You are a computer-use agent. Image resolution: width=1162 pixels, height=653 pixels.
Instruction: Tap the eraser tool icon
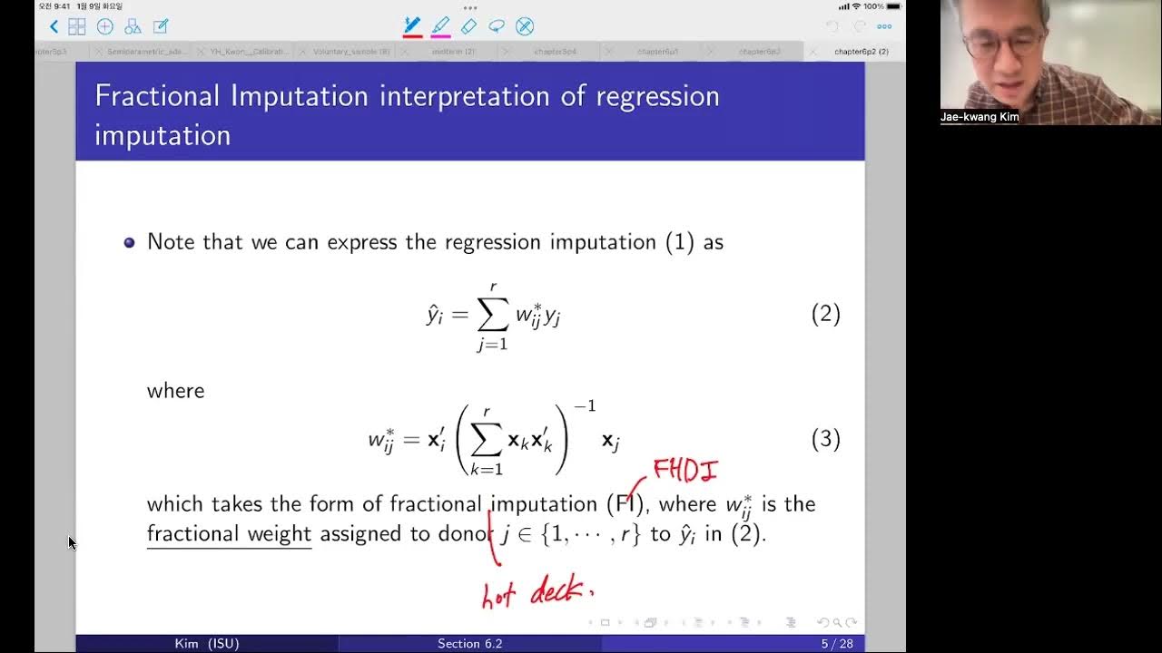tap(468, 26)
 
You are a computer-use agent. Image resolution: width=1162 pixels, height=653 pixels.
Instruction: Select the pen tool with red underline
tap(412, 26)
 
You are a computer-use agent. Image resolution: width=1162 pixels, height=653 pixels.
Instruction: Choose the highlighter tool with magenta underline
tap(440, 26)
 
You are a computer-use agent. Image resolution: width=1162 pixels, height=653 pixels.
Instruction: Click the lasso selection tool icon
tap(497, 26)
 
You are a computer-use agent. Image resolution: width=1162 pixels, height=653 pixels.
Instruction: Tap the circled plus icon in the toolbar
tap(104, 26)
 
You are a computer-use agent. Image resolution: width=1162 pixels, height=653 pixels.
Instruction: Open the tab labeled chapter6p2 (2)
tap(861, 52)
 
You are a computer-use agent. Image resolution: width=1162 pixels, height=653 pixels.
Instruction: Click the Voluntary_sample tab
tap(350, 52)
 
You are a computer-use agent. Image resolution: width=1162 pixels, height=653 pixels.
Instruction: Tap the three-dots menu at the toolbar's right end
tap(884, 26)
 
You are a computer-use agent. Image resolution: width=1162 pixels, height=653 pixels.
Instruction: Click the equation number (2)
tap(825, 315)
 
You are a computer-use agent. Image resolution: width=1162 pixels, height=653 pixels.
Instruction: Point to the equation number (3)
tap(825, 440)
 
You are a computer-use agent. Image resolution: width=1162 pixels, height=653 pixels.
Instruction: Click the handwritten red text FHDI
tap(686, 470)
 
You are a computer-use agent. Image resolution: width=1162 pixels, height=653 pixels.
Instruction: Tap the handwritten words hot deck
tap(537, 591)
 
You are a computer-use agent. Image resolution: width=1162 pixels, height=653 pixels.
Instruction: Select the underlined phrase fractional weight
tap(229, 533)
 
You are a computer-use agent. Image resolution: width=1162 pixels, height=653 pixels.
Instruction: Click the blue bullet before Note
tap(129, 242)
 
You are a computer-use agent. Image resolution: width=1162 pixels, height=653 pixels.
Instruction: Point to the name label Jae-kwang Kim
tap(979, 117)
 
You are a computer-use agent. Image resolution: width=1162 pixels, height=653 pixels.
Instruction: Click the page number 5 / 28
tap(837, 644)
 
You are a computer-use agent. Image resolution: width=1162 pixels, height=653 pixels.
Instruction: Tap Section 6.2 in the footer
tap(469, 644)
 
